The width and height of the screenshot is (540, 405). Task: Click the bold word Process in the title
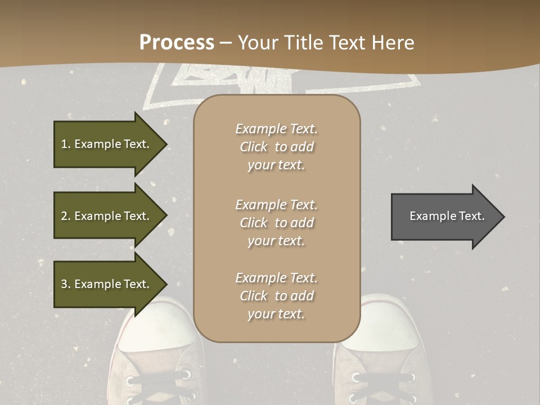click(177, 43)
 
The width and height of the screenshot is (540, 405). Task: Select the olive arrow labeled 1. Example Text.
click(107, 144)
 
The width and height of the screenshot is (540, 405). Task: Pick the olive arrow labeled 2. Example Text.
click(107, 216)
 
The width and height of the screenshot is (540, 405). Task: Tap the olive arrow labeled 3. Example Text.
click(107, 284)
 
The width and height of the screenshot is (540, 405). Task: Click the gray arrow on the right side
click(444, 216)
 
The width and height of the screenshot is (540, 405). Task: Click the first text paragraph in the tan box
click(276, 147)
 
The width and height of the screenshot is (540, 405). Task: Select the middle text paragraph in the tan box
click(276, 223)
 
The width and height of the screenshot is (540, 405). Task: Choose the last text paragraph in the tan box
click(276, 296)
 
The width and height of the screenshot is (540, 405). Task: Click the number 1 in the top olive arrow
click(64, 144)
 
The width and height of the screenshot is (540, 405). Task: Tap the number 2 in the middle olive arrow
click(64, 216)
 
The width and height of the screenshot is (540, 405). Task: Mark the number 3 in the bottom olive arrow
click(64, 284)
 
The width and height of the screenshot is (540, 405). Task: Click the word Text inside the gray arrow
click(471, 216)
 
